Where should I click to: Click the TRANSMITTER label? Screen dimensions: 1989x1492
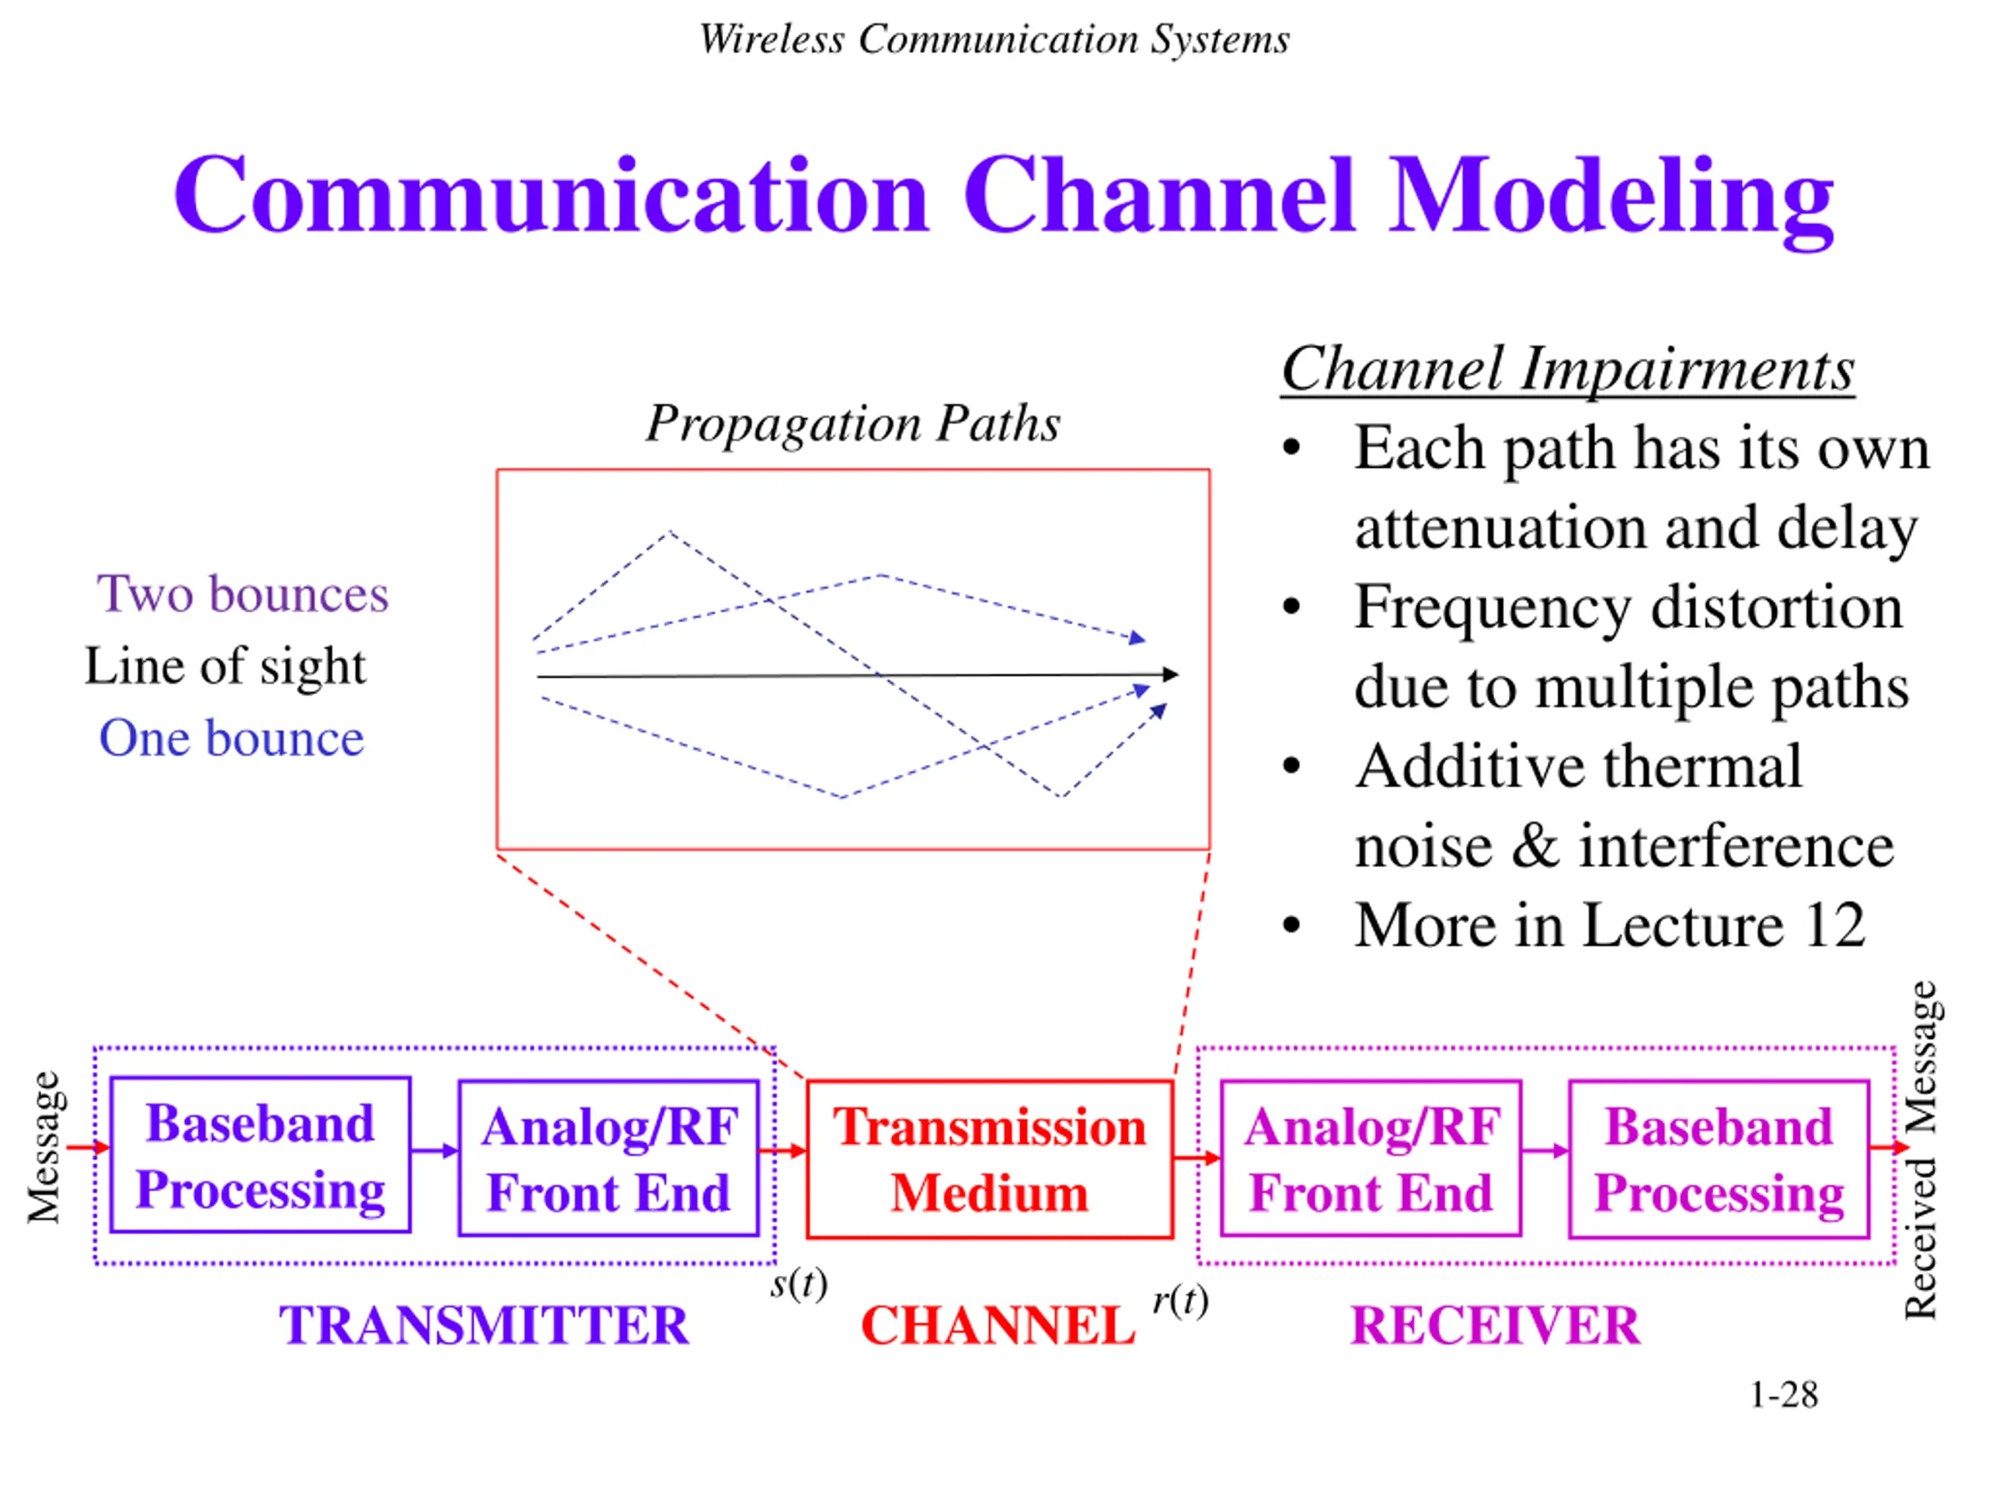coord(484,1326)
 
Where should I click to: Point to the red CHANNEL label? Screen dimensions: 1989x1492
coord(998,1326)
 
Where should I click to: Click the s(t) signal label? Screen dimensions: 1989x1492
coord(799,1284)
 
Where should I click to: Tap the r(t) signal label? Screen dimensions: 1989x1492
coord(1181,1300)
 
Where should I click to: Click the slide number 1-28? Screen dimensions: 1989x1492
coord(1783,1395)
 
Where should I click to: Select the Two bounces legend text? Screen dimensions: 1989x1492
coord(242,594)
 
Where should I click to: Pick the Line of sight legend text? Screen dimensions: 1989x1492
coord(225,668)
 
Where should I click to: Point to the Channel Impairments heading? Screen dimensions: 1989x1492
coord(1568,369)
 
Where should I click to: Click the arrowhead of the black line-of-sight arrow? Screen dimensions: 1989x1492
coord(1171,674)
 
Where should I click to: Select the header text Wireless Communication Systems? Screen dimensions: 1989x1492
coord(994,40)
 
